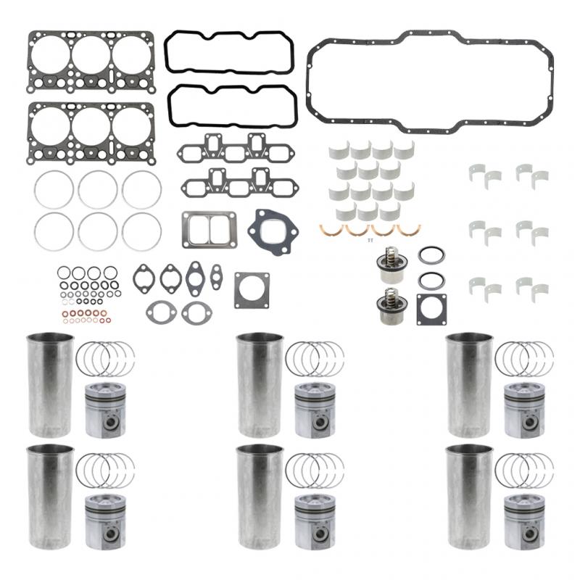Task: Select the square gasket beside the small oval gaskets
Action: pos(252,290)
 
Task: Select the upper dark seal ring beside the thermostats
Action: pos(431,256)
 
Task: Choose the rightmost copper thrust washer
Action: pos(409,230)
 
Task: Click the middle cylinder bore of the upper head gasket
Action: pos(91,54)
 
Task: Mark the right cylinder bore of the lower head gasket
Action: pos(131,125)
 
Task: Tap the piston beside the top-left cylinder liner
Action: pos(105,410)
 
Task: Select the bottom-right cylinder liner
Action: pos(469,497)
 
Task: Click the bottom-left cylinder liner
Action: pos(50,497)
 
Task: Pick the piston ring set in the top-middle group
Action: pos(315,358)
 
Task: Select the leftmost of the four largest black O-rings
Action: pos(64,273)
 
